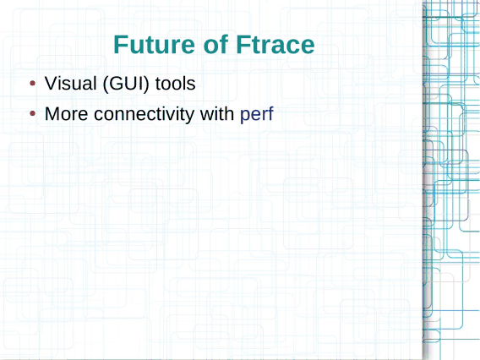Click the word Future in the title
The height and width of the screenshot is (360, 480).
click(x=155, y=45)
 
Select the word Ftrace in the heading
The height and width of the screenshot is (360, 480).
click(x=275, y=45)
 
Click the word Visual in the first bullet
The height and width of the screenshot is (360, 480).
click(x=71, y=84)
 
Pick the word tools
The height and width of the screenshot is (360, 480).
click(x=176, y=84)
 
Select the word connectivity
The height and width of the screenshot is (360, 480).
click(x=144, y=114)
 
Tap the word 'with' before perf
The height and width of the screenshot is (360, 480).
click(x=217, y=114)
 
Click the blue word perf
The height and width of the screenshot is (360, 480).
click(x=257, y=115)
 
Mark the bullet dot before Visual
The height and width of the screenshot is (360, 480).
click(x=33, y=84)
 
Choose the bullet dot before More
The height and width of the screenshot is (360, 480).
click(x=33, y=114)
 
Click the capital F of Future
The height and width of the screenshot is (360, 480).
click(x=121, y=45)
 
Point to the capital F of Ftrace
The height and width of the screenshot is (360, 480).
click(x=243, y=45)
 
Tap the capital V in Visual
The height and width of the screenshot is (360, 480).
click(x=52, y=84)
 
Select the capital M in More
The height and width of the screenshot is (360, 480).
click(x=52, y=114)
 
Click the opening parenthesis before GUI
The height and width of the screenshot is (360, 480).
click(x=106, y=84)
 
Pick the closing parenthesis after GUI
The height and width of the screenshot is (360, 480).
click(x=146, y=84)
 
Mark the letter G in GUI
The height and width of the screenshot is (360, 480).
click(x=116, y=84)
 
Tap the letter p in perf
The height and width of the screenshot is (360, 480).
click(x=245, y=117)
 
